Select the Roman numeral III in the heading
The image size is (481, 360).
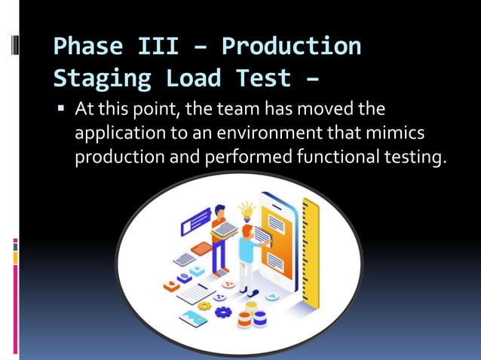pos(158,47)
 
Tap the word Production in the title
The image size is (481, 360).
pos(291,47)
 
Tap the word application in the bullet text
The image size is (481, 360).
pos(118,134)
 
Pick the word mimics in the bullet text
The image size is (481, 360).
pos(399,134)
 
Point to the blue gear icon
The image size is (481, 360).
pos(223,310)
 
